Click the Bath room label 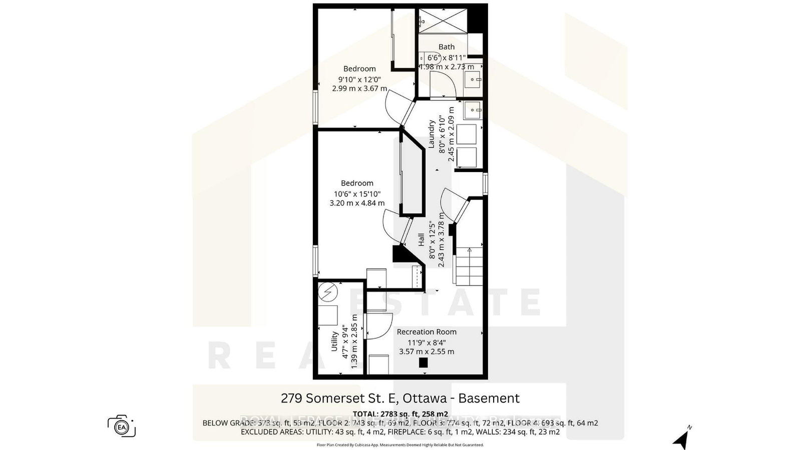coord(447,47)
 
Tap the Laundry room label coord(432,133)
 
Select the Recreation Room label coord(427,331)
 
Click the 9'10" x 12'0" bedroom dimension coord(359,78)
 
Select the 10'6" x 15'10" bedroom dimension coord(357,193)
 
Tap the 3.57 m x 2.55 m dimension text coord(427,351)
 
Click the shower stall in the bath coord(442,21)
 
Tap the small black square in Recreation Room coord(424,363)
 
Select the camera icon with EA coord(121,426)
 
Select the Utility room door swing coord(378,326)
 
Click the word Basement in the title coord(489,398)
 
